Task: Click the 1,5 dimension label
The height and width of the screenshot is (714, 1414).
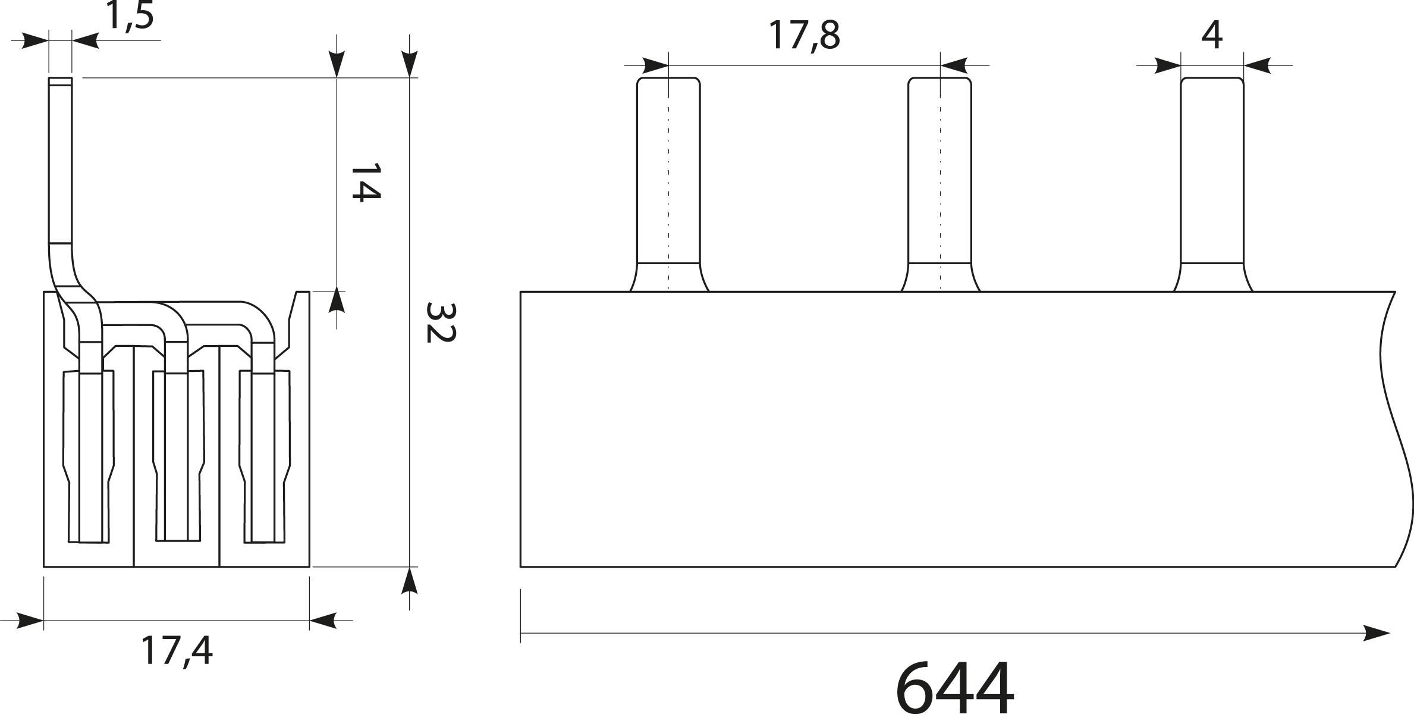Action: pyautogui.click(x=130, y=16)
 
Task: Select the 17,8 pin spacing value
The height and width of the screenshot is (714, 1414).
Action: pyautogui.click(x=804, y=36)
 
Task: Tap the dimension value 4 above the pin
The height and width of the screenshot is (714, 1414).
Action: pyautogui.click(x=1211, y=36)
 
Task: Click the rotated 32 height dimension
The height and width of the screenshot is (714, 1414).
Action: pyautogui.click(x=441, y=322)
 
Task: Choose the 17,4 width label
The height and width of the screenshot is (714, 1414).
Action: pyautogui.click(x=177, y=650)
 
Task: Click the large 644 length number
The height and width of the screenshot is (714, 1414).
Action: pyautogui.click(x=954, y=687)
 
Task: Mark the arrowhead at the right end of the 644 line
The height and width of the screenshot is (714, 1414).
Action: pyautogui.click(x=1376, y=634)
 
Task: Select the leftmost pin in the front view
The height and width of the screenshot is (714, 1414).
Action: pyautogui.click(x=669, y=184)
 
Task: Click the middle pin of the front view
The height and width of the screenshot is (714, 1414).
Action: pyautogui.click(x=940, y=184)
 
